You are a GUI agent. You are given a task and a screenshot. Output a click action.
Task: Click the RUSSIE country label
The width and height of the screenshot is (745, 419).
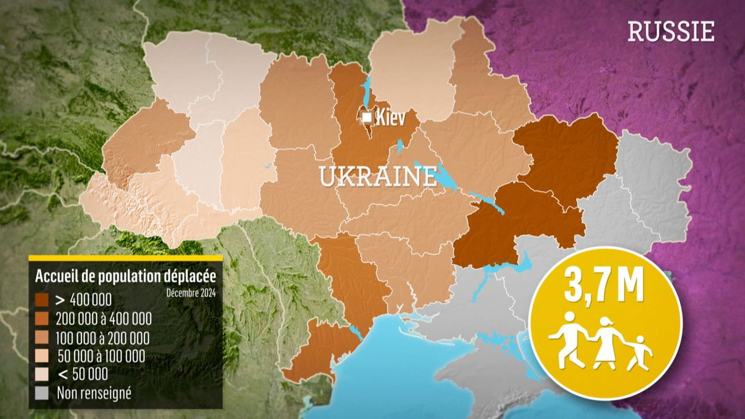point(670,31)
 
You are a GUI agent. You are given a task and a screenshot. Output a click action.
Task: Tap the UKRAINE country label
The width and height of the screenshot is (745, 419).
point(378,176)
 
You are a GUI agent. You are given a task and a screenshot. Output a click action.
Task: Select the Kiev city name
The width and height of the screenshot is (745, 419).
point(390,118)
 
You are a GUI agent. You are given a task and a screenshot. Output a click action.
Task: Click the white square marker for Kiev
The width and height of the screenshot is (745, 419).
point(367,118)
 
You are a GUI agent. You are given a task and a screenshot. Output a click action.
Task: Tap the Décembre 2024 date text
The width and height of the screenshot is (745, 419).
point(190,292)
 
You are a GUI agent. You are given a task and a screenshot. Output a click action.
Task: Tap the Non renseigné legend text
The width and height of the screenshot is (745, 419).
point(94,393)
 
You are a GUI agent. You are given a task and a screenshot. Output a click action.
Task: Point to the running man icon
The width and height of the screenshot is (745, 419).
point(569,339)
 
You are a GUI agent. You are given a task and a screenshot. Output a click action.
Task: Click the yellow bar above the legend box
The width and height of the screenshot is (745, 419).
point(126,258)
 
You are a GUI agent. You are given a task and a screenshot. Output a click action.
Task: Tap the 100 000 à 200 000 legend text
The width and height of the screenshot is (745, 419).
point(102,338)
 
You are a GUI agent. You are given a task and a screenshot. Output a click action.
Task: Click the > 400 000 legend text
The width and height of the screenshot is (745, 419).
point(84,300)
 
